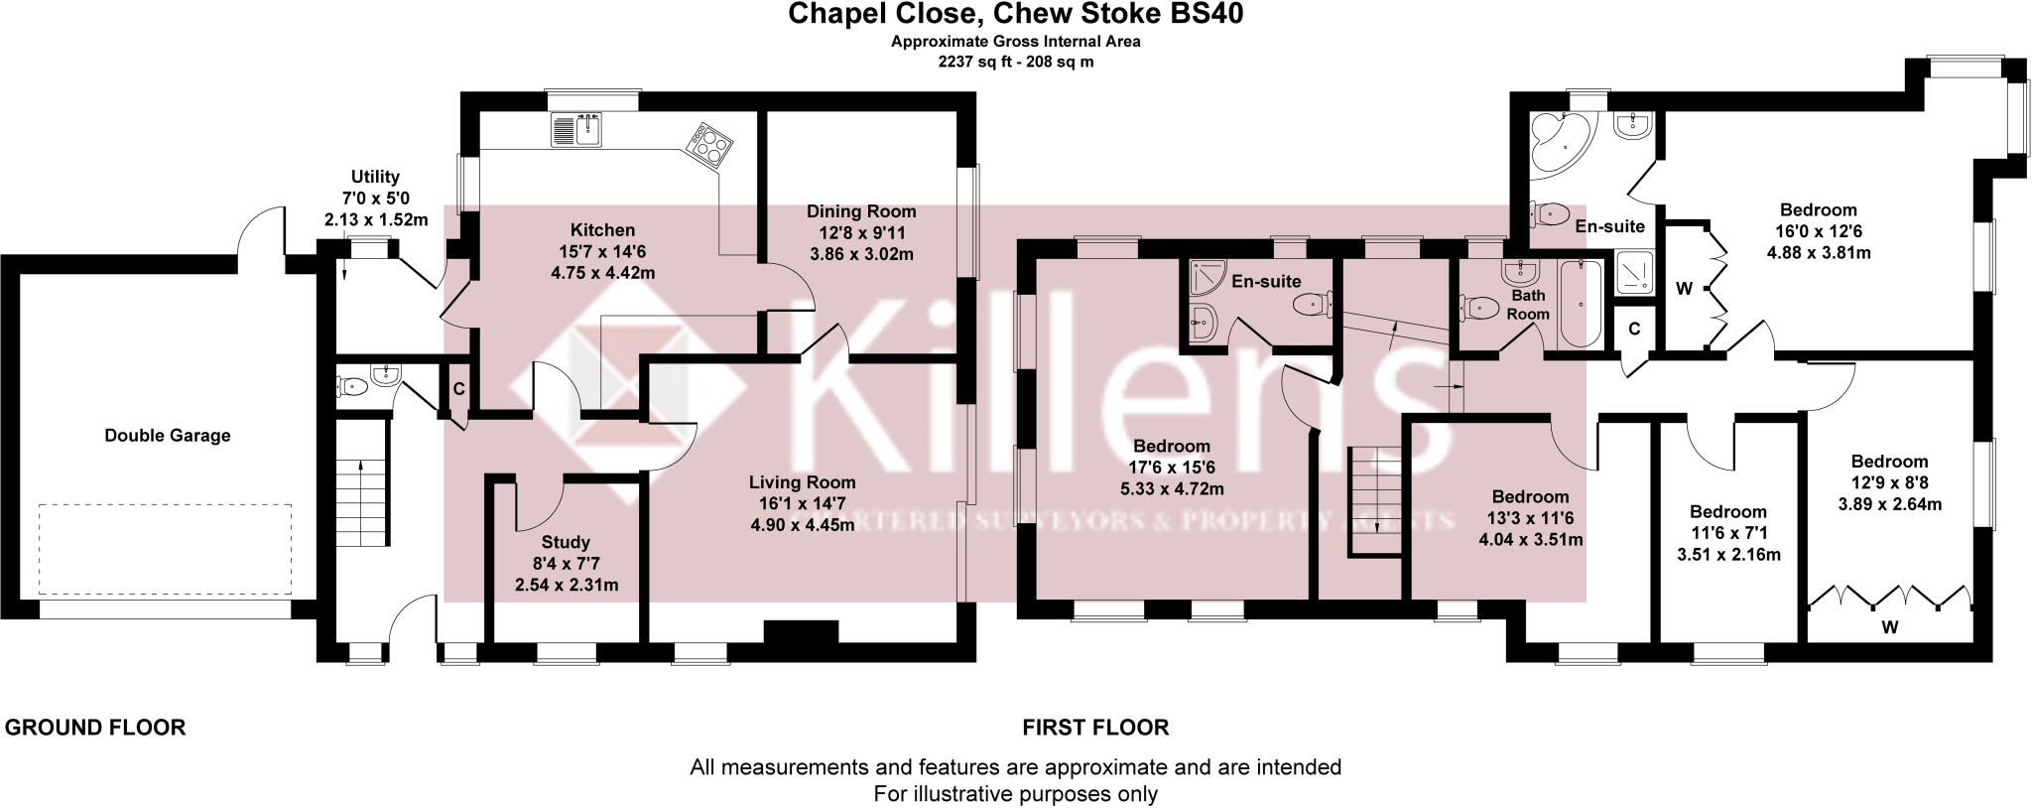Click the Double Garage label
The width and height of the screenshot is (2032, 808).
click(x=167, y=435)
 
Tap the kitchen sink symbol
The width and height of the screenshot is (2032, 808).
click(x=576, y=130)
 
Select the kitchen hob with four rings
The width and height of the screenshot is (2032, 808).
click(x=710, y=145)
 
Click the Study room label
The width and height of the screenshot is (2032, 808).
click(x=566, y=542)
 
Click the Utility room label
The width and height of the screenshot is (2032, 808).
click(x=375, y=178)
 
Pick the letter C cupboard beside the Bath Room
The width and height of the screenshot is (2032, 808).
click(x=1633, y=329)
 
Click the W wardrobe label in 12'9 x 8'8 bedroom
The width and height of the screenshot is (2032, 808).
click(x=1889, y=626)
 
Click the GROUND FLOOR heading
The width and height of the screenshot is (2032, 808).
click(x=95, y=728)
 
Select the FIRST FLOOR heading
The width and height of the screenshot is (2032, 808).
click(x=1095, y=728)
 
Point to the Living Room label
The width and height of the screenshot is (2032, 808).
click(x=802, y=482)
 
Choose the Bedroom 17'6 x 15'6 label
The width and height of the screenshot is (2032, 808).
click(x=1171, y=446)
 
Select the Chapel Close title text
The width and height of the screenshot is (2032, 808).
click(x=1015, y=14)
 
